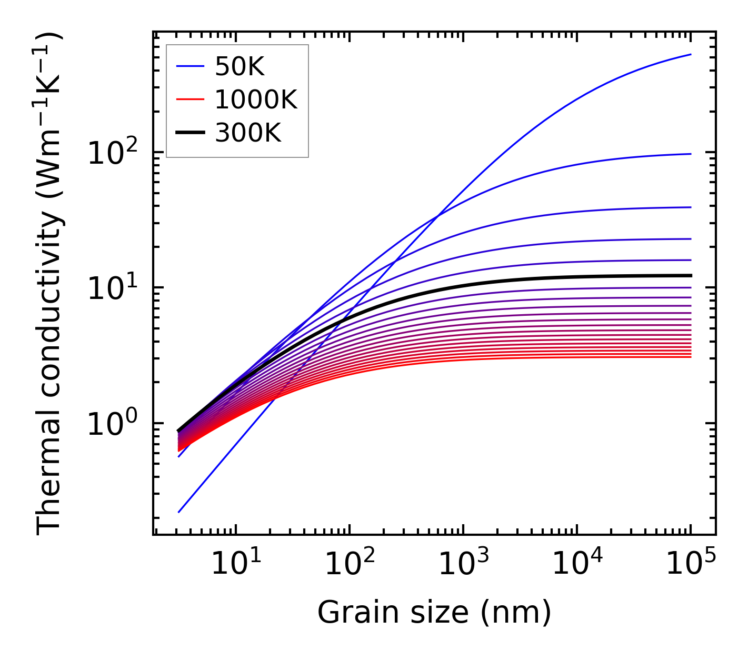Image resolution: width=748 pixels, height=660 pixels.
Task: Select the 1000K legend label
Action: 256,99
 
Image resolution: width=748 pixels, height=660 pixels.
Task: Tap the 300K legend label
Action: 248,133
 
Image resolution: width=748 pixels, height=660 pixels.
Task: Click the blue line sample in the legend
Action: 190,66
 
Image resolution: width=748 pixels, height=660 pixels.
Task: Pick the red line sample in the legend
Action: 190,99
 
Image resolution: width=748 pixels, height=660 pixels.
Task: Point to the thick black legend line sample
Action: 190,133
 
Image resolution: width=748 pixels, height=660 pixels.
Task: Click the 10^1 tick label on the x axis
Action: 235,564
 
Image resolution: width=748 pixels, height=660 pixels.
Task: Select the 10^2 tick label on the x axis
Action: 350,564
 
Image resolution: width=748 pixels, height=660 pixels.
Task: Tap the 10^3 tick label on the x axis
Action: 463,564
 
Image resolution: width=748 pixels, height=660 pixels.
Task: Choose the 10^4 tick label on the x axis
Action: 577,564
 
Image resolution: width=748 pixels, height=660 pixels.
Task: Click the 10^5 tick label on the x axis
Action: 691,564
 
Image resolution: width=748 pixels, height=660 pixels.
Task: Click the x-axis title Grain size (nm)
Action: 434,613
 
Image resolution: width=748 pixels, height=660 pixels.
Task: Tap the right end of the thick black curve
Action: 691,275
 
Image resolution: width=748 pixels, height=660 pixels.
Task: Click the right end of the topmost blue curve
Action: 691,54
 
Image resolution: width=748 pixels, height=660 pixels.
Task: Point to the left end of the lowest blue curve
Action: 179,512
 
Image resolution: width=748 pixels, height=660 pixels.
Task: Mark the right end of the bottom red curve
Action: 691,357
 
